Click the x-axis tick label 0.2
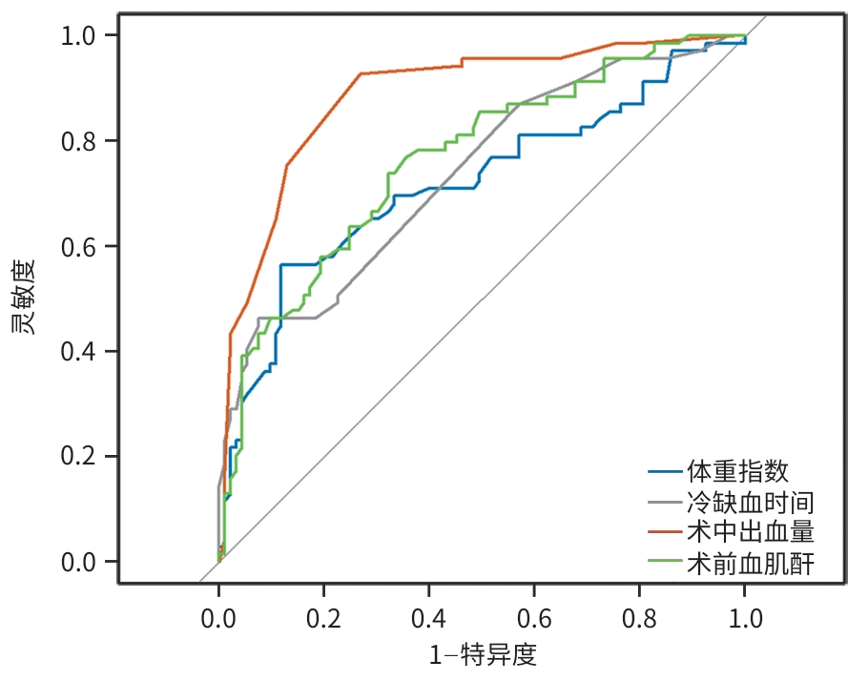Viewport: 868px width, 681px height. coord(323,617)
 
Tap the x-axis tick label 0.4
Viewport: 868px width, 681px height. coord(429,617)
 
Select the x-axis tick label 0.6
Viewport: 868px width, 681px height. coord(534,617)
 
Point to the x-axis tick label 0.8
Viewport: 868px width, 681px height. coord(639,617)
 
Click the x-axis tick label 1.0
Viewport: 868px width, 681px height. coord(745,617)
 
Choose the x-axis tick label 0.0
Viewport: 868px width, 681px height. coord(218,617)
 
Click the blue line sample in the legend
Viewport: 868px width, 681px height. coord(664,471)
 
